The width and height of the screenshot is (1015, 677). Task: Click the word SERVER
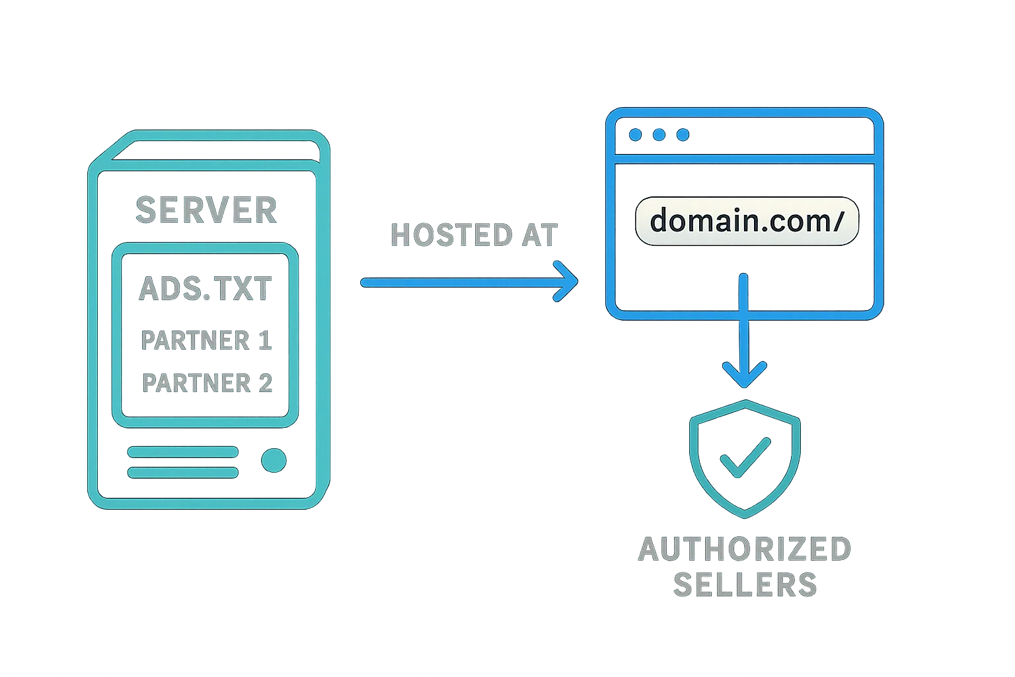click(206, 210)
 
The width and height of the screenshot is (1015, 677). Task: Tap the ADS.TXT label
click(206, 288)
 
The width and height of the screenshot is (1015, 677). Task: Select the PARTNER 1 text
click(206, 340)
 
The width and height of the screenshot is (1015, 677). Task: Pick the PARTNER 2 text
click(207, 383)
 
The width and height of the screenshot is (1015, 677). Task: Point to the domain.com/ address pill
click(747, 221)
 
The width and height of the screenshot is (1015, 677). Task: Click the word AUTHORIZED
click(745, 549)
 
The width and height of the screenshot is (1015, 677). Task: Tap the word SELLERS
click(745, 584)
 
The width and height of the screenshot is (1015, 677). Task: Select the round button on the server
click(274, 460)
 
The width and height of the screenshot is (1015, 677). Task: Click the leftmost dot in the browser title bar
click(636, 135)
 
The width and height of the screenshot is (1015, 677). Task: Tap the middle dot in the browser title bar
click(659, 135)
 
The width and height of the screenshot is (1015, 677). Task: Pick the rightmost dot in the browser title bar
click(683, 135)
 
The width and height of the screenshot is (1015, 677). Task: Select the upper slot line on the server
click(183, 452)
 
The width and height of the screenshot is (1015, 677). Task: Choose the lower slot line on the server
click(183, 473)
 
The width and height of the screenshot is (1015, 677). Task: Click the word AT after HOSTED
click(540, 235)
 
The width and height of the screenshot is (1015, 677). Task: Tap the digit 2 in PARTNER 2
click(265, 383)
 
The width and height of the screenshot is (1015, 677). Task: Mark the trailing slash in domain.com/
click(839, 221)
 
